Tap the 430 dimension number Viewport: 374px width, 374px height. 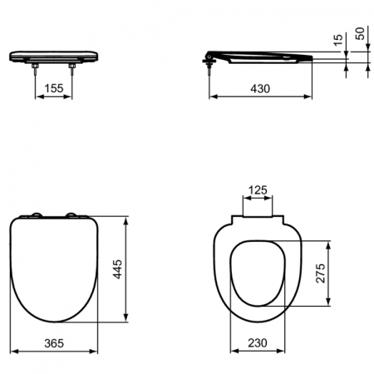[261, 87]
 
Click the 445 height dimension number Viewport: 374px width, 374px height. [117, 271]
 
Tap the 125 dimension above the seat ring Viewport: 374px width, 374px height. [258, 190]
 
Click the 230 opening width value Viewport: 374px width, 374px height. [259, 342]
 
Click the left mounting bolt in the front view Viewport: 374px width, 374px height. [37, 70]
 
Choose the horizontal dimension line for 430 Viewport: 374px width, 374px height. [261, 96]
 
